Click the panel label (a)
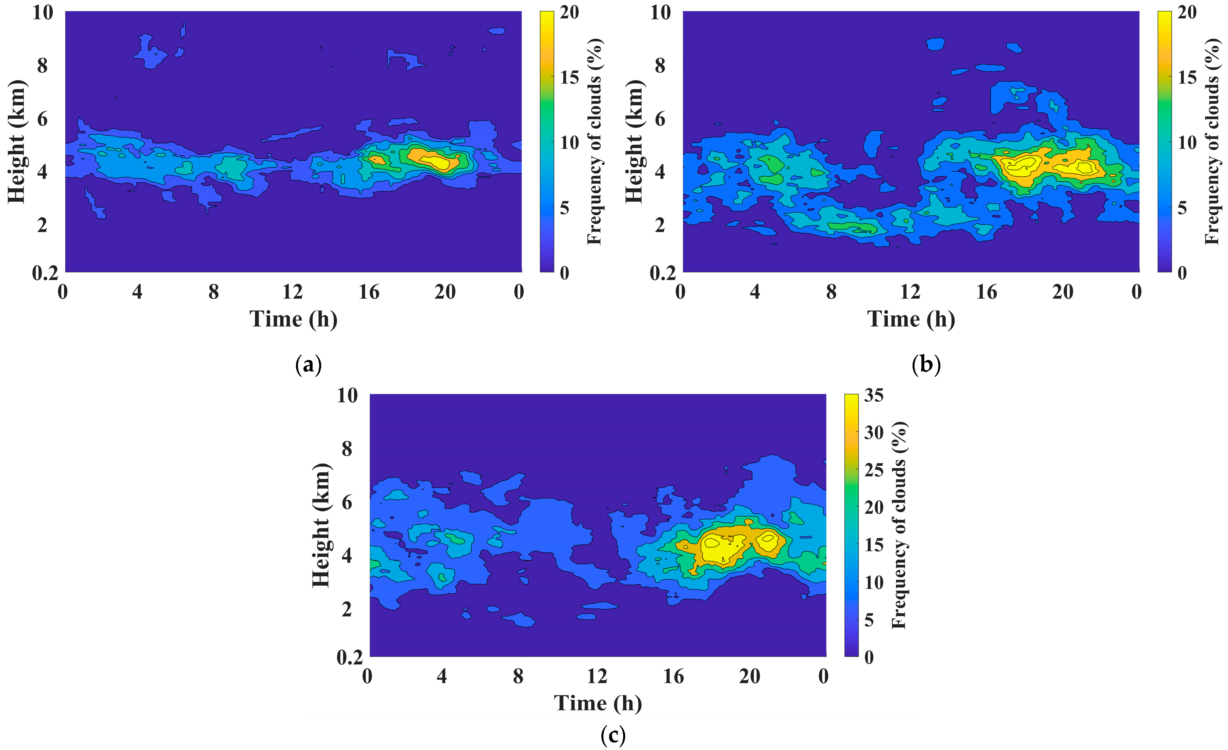(x=309, y=365)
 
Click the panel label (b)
(x=926, y=365)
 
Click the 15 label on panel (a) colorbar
(x=569, y=77)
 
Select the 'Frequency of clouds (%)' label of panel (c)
(x=899, y=525)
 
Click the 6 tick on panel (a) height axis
(x=42, y=119)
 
